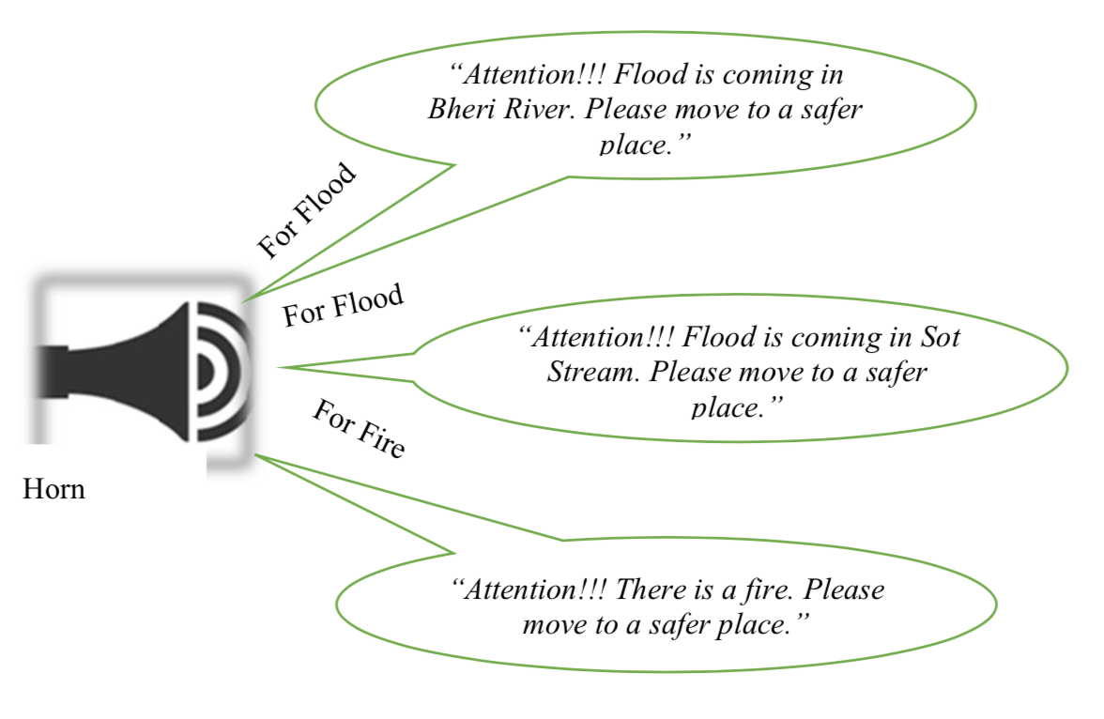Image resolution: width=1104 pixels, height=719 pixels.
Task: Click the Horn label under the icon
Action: (x=54, y=489)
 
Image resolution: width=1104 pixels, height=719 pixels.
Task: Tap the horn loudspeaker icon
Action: (x=144, y=371)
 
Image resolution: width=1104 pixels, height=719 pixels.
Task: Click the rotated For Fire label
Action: (x=359, y=428)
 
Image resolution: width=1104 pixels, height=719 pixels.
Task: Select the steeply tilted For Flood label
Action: (x=307, y=210)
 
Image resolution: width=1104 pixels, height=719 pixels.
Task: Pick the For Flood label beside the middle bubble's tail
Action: (x=344, y=305)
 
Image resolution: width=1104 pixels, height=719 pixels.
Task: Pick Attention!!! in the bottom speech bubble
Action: (x=529, y=589)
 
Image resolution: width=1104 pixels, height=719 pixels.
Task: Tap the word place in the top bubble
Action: (x=633, y=145)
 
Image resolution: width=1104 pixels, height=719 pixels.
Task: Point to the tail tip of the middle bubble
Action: (x=279, y=367)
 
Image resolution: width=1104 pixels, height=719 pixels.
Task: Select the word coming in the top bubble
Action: (x=767, y=75)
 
